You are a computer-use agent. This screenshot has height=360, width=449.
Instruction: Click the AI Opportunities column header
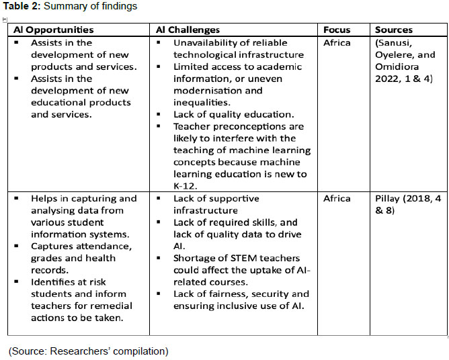pyautogui.click(x=51, y=30)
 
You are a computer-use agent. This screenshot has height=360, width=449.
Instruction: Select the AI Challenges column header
pyautogui.click(x=188, y=30)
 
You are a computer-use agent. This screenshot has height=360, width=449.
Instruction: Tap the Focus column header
pyautogui.click(x=337, y=30)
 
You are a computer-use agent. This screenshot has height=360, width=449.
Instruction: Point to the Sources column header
pyautogui.click(x=394, y=30)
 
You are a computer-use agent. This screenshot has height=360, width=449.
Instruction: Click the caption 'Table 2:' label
pyautogui.click(x=23, y=7)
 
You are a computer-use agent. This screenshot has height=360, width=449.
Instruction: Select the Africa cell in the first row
pyautogui.click(x=337, y=43)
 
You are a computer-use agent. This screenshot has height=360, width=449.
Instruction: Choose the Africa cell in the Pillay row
pyautogui.click(x=337, y=199)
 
